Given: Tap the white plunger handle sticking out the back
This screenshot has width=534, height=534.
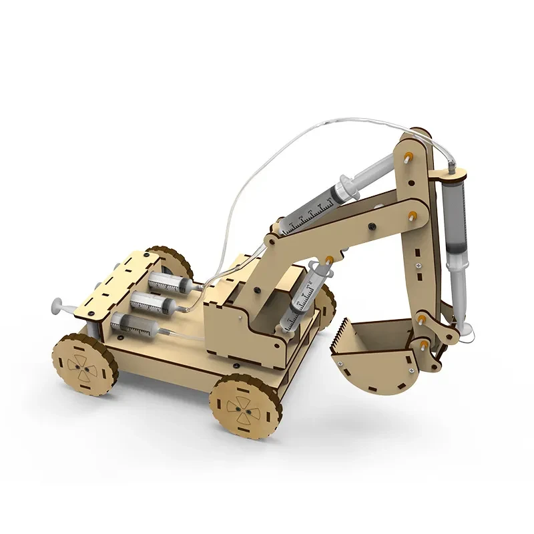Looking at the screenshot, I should coord(56,308).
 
